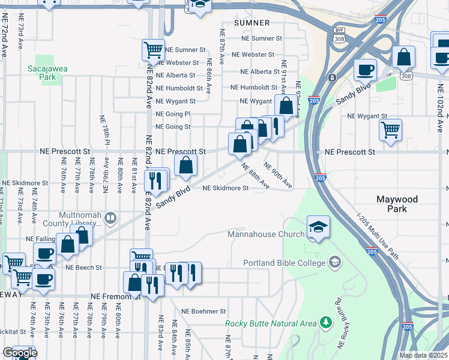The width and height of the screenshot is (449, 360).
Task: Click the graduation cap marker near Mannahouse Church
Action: pos(318,227)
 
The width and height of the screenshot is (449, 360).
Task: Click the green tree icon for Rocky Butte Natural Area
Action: pos(326,323)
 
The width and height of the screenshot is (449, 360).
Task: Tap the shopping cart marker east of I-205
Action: pos(390,130)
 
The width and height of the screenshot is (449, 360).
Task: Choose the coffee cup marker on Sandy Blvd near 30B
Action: pos(365,70)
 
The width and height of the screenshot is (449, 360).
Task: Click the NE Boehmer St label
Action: pos(201,311)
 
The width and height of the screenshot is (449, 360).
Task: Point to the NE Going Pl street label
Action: pos(173,114)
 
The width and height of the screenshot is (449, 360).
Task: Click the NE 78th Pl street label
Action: pos(104,131)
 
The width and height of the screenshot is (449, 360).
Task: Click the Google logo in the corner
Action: pos(20,353)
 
